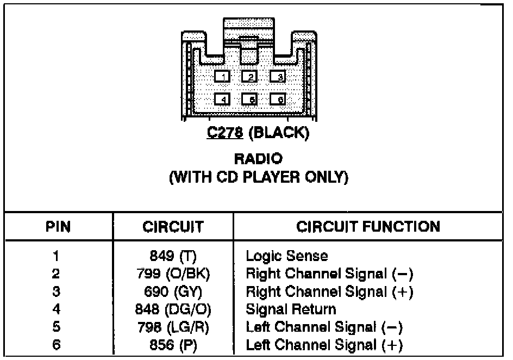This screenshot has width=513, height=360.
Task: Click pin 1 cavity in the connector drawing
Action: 222,77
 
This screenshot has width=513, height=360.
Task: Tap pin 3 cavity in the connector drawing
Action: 278,77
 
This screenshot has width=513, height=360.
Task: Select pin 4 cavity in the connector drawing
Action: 222,100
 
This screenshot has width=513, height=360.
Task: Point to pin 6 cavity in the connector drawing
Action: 278,100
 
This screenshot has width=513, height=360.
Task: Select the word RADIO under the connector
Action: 258,159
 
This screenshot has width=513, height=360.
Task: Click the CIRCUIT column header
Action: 174,227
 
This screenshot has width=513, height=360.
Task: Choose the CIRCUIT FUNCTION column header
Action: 368,227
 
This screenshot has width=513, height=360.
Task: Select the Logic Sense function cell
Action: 287,256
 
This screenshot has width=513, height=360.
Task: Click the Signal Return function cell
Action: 291,310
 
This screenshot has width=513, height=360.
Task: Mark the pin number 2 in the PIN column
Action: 56,274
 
